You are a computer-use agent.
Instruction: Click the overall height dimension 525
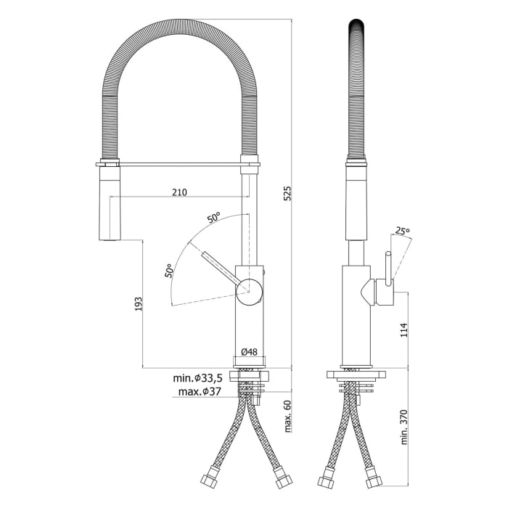click(287, 192)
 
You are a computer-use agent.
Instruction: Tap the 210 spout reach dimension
click(179, 192)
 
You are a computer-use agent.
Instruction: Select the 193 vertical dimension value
click(137, 303)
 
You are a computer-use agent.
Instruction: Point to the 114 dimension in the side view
click(404, 329)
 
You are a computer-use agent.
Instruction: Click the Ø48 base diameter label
click(249, 352)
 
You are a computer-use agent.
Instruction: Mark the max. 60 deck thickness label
click(287, 415)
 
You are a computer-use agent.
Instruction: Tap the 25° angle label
click(402, 232)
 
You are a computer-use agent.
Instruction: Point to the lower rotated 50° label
click(168, 271)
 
